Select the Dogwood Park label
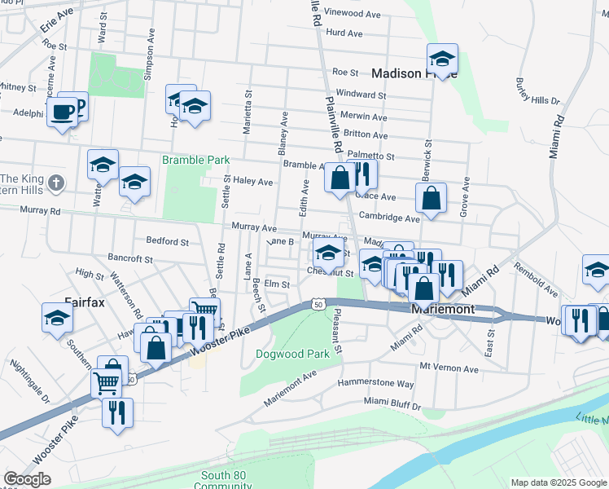click(x=292, y=354)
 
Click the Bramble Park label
click(x=195, y=161)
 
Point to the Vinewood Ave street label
click(x=353, y=14)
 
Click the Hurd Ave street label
click(x=343, y=33)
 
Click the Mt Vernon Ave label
click(x=445, y=368)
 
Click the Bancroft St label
click(x=130, y=259)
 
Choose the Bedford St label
click(x=167, y=241)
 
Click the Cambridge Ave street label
click(x=390, y=218)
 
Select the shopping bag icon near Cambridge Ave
click(x=431, y=197)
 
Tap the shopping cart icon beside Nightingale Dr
click(x=106, y=381)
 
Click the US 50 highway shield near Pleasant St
click(x=317, y=304)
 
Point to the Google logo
click(x=27, y=479)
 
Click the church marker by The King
click(x=56, y=183)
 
